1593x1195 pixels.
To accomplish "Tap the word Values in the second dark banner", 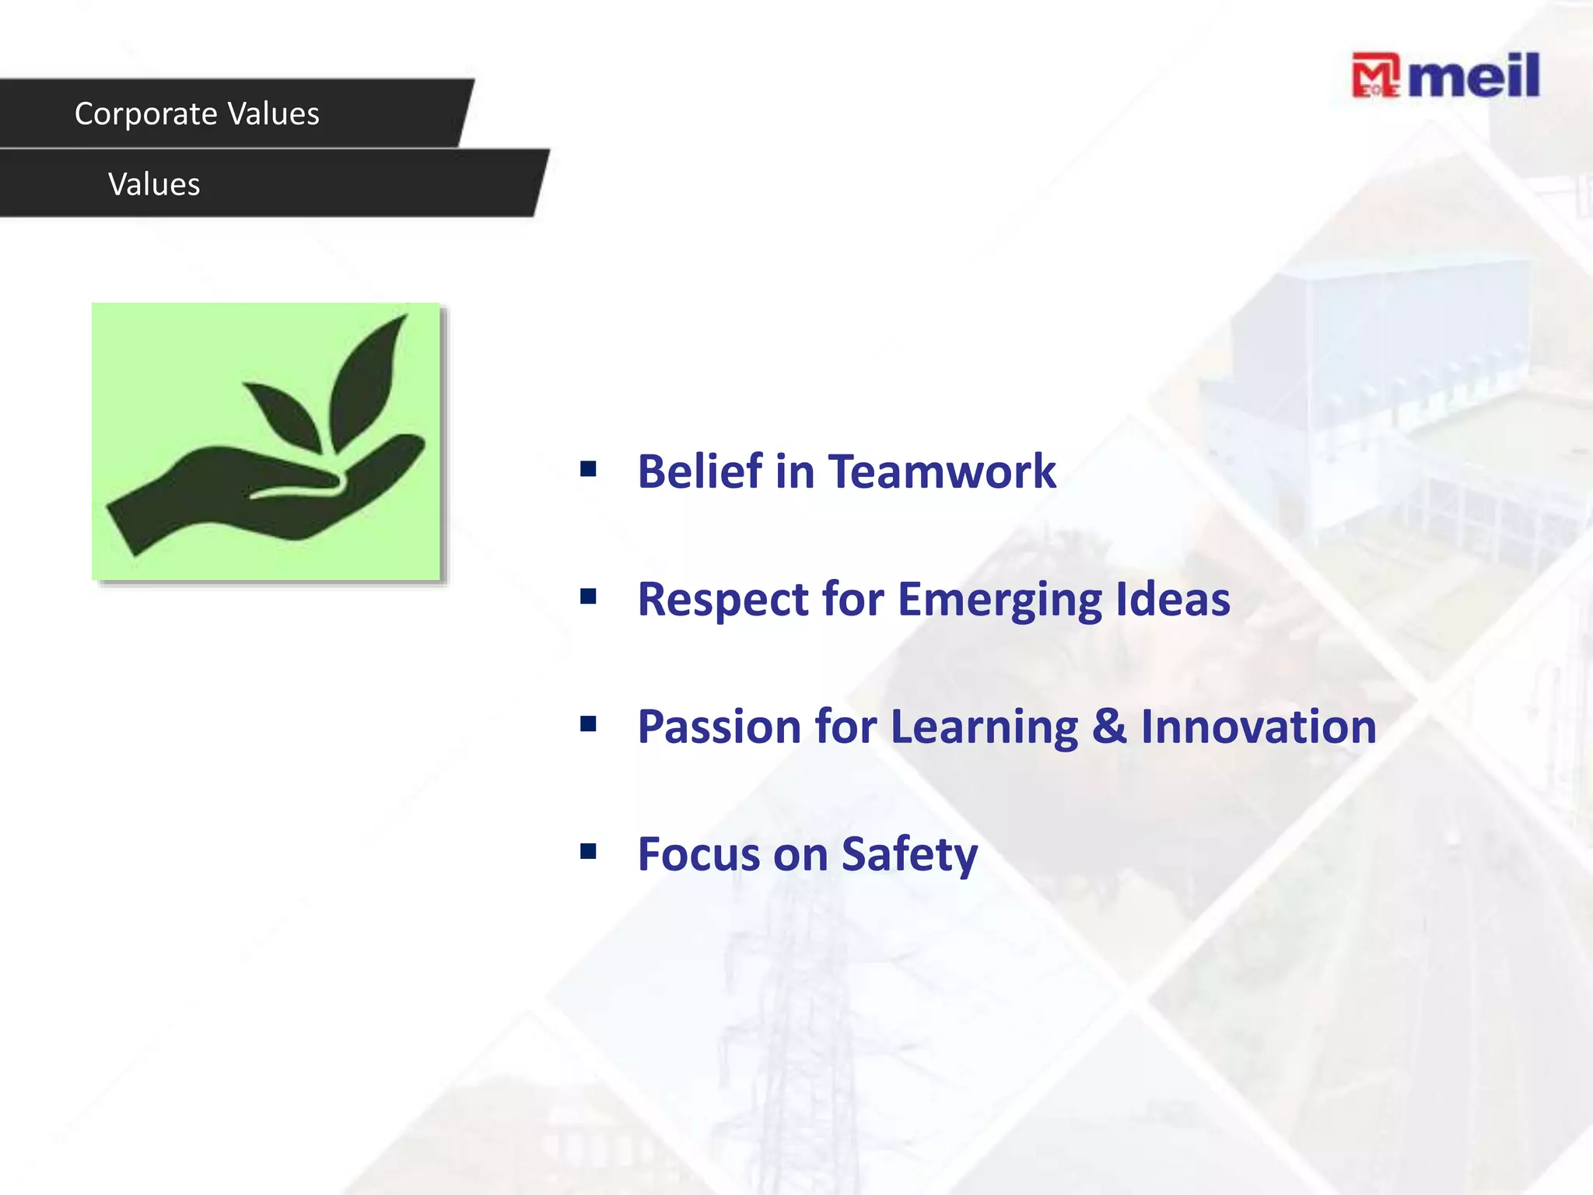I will (154, 185).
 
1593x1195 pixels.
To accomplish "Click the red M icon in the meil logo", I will (1374, 75).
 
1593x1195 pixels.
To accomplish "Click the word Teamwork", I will (942, 471).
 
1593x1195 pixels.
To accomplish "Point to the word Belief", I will (700, 471).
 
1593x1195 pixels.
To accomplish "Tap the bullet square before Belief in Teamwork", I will (588, 469).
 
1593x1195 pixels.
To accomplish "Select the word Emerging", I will (1000, 600).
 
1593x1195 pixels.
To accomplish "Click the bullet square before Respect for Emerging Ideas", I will (588, 597).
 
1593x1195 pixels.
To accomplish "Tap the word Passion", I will (719, 727).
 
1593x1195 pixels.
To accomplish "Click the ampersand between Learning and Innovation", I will (1108, 727).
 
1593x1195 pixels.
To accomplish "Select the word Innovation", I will (1258, 727).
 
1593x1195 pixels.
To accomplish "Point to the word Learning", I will (984, 728).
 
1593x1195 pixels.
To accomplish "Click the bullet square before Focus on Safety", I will (588, 852).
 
